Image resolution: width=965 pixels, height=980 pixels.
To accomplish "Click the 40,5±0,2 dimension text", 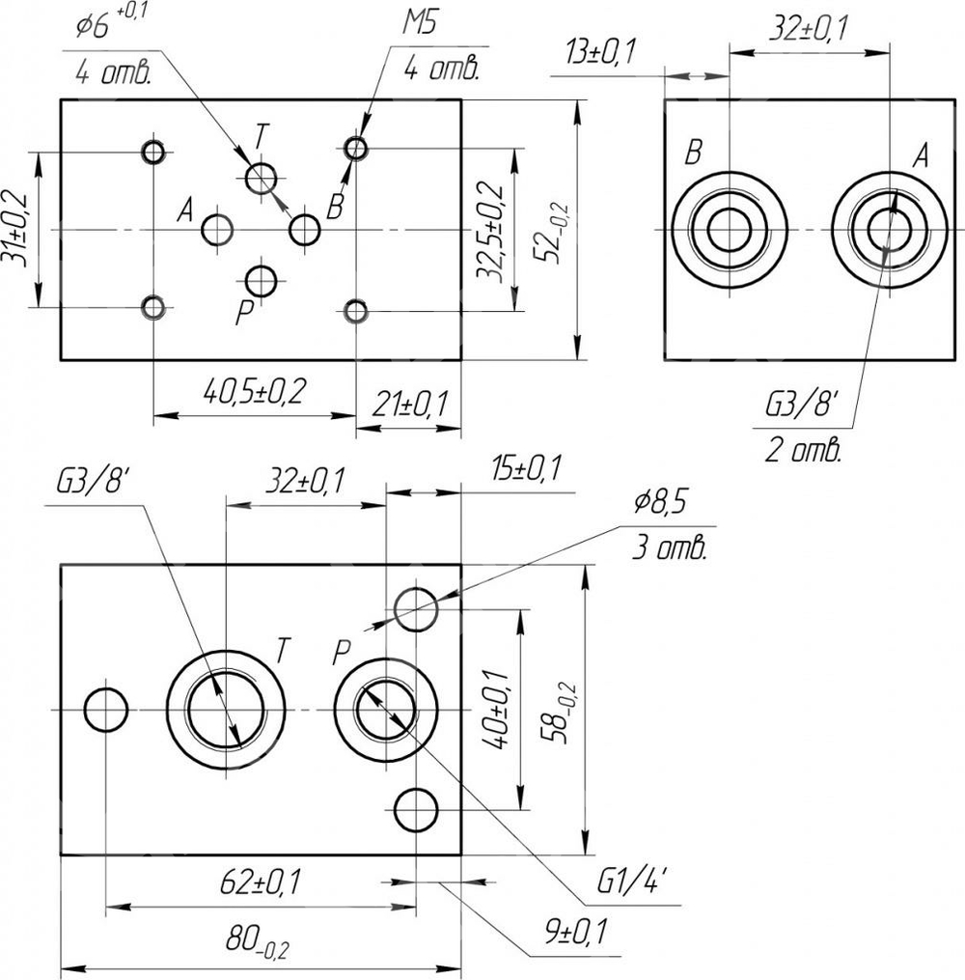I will pos(254,392).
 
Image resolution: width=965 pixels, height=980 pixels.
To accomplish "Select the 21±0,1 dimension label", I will pos(406,404).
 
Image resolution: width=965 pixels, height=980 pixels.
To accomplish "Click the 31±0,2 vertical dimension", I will pos(18,230).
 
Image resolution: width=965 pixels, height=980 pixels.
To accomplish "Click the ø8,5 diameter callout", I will pos(665,503).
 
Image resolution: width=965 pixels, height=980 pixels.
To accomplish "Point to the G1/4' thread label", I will pos(632,881).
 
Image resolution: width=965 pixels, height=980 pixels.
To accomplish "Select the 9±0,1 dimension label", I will pos(573,931).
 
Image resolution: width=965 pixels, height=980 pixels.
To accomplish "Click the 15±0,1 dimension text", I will pos(525,469).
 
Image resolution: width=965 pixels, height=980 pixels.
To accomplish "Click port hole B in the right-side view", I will pos(730,230).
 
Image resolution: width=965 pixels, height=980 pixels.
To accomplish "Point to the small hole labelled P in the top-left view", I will pos(261,282).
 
